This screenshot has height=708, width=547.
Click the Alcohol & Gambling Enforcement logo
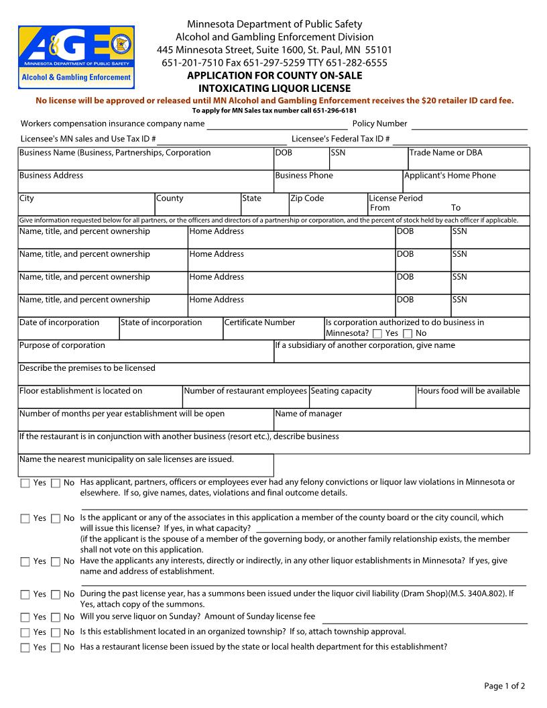[76, 57]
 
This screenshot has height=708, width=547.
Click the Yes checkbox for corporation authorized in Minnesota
[377, 334]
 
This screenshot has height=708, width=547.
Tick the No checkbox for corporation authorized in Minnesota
[408, 334]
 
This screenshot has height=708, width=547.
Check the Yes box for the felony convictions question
[25, 483]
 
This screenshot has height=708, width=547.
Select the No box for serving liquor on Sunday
[56, 617]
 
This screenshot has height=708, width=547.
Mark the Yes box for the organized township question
[25, 632]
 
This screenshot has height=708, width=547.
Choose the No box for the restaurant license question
[56, 648]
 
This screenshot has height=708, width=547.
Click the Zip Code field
[328, 204]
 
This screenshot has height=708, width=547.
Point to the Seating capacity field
[362, 397]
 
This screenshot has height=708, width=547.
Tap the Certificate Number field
[273, 329]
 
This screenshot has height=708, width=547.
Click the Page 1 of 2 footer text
[505, 686]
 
